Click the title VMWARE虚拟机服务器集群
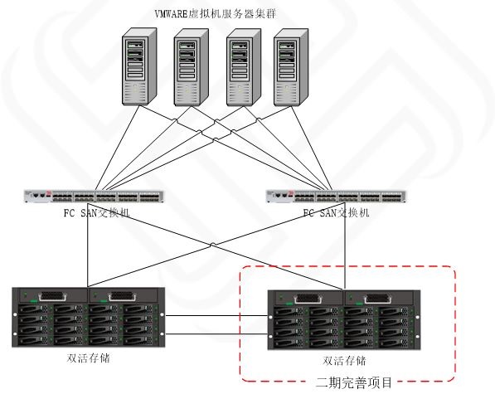pos(216,14)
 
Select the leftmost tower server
pos(139,66)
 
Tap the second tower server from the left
pos(191,67)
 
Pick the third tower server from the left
pos(244,67)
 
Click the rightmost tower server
pos(291,67)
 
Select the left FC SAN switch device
pos(94,196)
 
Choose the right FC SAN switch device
pos(336,196)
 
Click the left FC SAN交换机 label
pos(97,213)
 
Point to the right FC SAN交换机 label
pos(336,213)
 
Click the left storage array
pos(89,318)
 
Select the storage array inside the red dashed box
pos(344,320)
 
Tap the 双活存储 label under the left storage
pos(89,358)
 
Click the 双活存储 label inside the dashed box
pos(344,361)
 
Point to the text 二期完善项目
pos(353,382)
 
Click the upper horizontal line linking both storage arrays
pos(216,315)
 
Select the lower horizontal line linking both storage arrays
pos(216,334)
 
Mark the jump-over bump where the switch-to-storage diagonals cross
pos(213,245)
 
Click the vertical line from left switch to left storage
pos(87,245)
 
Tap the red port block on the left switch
pos(48,194)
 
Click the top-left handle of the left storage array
pos(52,296)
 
